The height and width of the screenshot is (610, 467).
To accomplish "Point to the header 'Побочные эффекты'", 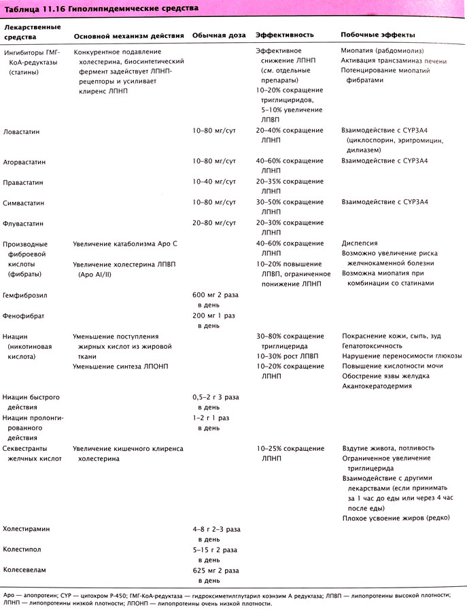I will pos(377,35).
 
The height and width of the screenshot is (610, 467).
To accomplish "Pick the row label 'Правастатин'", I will pos(26,182).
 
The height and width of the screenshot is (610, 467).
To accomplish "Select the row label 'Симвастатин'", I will pos(26,203).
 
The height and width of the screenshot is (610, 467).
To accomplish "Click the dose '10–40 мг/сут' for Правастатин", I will pos(215,182).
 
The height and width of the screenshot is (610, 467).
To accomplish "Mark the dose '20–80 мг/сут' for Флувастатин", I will pos(215,223).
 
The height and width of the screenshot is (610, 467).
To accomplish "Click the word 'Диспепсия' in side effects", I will pos(360,243).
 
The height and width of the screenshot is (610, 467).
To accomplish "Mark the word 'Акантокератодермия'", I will pos(377,385).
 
